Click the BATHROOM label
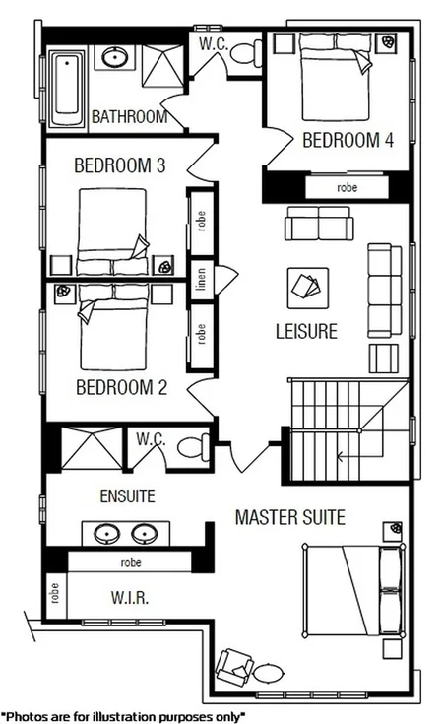click(129, 117)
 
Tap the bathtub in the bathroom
click(67, 83)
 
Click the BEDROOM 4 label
click(348, 140)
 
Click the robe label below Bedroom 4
click(347, 186)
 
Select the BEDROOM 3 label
click(119, 165)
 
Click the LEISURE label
click(306, 332)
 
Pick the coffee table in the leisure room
click(305, 286)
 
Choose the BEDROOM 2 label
click(121, 386)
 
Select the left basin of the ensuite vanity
click(105, 533)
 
